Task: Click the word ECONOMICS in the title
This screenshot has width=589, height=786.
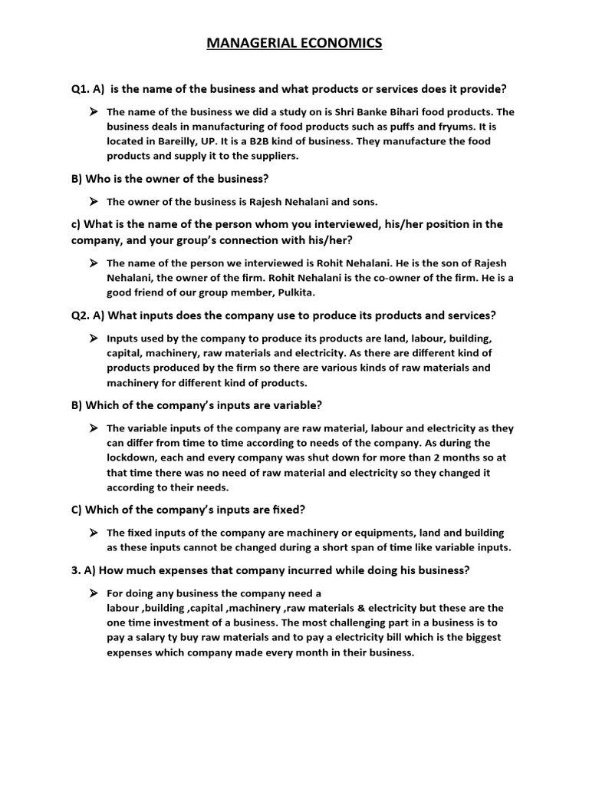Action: [338, 44]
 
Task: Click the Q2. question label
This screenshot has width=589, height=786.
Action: [82, 315]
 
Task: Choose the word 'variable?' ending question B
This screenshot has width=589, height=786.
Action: [295, 405]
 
